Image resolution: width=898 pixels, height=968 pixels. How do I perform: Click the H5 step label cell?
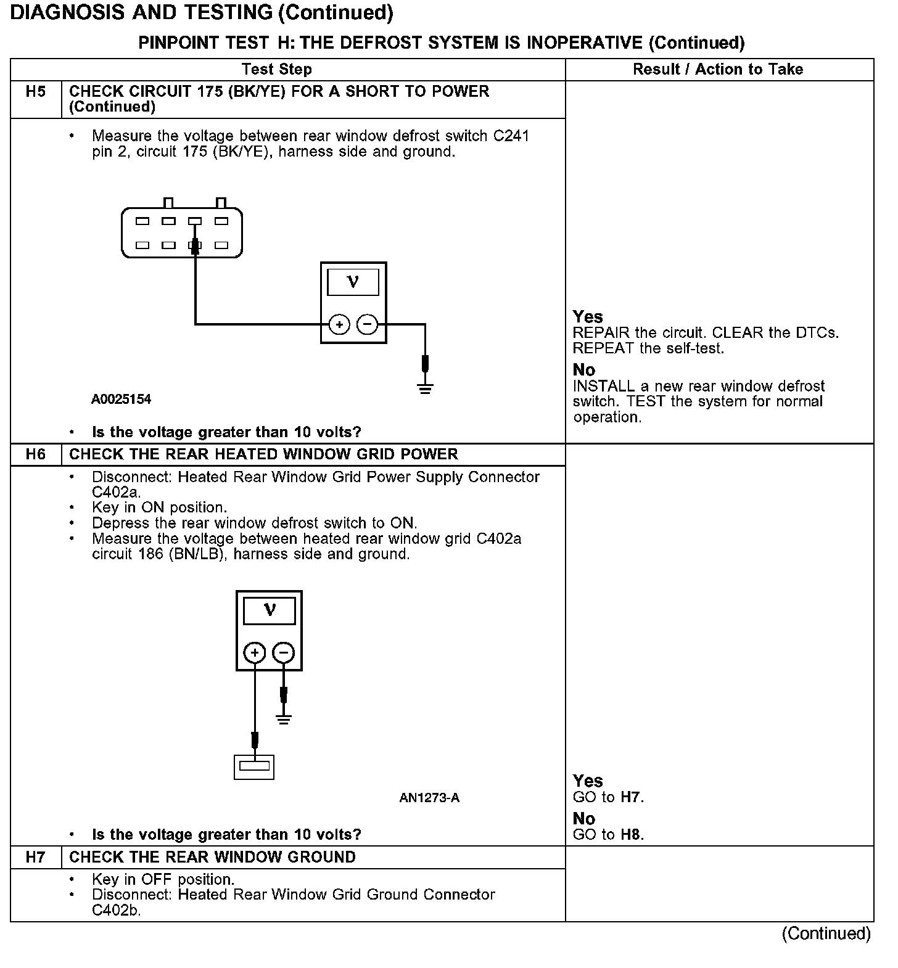[x=36, y=92]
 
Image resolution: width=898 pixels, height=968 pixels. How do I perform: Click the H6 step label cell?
[x=36, y=455]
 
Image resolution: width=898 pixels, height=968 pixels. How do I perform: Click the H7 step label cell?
[x=36, y=858]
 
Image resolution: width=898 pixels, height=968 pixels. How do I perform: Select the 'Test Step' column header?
[x=277, y=69]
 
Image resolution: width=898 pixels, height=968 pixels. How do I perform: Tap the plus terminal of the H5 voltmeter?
[x=339, y=324]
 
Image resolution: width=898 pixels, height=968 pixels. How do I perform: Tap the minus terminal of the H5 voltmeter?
[x=368, y=324]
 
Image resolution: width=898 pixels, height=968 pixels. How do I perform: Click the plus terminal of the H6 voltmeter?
[x=255, y=652]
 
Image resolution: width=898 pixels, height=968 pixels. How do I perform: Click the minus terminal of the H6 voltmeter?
[x=283, y=652]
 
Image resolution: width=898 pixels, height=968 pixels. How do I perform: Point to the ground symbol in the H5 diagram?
[x=425, y=388]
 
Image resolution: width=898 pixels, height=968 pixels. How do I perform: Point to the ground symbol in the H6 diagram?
[x=283, y=718]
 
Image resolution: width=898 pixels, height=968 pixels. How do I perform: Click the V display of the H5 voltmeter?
[x=353, y=282]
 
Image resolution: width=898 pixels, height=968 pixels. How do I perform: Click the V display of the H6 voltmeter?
[x=270, y=610]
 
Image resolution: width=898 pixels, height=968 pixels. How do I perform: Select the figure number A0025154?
[x=121, y=400]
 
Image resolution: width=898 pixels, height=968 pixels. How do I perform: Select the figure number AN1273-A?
[x=429, y=798]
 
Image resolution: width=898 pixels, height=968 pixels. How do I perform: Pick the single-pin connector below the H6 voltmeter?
[x=254, y=766]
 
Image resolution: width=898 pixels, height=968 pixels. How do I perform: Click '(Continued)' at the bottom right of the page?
[x=826, y=934]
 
